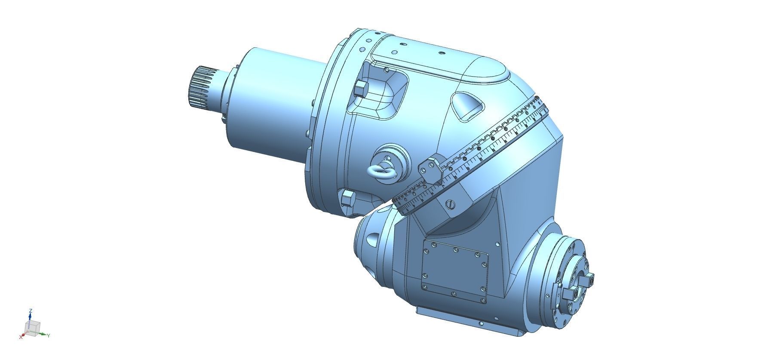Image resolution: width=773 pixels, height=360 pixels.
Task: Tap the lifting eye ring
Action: click(x=381, y=171)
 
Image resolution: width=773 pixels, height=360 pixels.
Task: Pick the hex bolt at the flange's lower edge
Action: click(x=347, y=199)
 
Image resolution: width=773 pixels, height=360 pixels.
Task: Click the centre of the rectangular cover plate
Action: click(x=455, y=271)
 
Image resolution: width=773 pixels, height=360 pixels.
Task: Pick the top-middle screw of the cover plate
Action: click(x=456, y=249)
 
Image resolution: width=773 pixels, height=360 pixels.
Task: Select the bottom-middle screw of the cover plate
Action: click(x=454, y=294)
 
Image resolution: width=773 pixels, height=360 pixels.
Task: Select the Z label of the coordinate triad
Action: click(x=31, y=311)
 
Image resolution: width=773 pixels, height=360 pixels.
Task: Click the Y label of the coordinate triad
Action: click(x=49, y=335)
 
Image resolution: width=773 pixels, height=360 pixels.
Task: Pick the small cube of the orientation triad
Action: click(x=33, y=327)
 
